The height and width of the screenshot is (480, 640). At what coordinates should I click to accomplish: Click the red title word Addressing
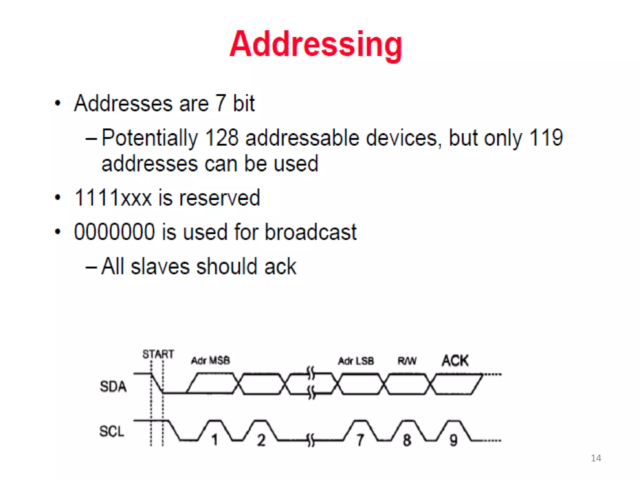click(x=316, y=45)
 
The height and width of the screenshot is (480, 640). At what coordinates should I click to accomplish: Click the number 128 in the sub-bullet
click(x=222, y=137)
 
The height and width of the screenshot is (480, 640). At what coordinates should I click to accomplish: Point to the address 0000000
click(x=114, y=232)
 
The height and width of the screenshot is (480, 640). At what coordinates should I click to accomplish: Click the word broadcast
click(x=311, y=232)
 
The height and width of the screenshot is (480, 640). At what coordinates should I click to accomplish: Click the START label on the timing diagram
click(x=158, y=354)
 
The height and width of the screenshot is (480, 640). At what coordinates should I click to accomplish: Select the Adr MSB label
click(x=211, y=361)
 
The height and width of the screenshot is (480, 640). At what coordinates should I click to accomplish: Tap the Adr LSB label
click(x=356, y=361)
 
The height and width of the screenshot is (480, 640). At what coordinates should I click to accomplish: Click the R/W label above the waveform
click(x=407, y=361)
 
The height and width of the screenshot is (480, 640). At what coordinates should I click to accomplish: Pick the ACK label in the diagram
click(x=455, y=360)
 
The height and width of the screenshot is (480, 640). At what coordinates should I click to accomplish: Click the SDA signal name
click(x=113, y=387)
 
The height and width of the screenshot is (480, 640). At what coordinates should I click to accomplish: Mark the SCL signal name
click(x=112, y=431)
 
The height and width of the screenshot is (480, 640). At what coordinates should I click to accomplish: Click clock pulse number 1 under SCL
click(x=214, y=440)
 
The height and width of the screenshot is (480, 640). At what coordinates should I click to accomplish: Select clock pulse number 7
click(x=360, y=440)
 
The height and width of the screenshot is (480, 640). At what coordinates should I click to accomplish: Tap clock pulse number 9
click(x=453, y=440)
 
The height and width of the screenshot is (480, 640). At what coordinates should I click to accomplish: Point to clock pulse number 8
click(x=407, y=440)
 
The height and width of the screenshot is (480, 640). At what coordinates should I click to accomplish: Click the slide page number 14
click(x=596, y=458)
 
